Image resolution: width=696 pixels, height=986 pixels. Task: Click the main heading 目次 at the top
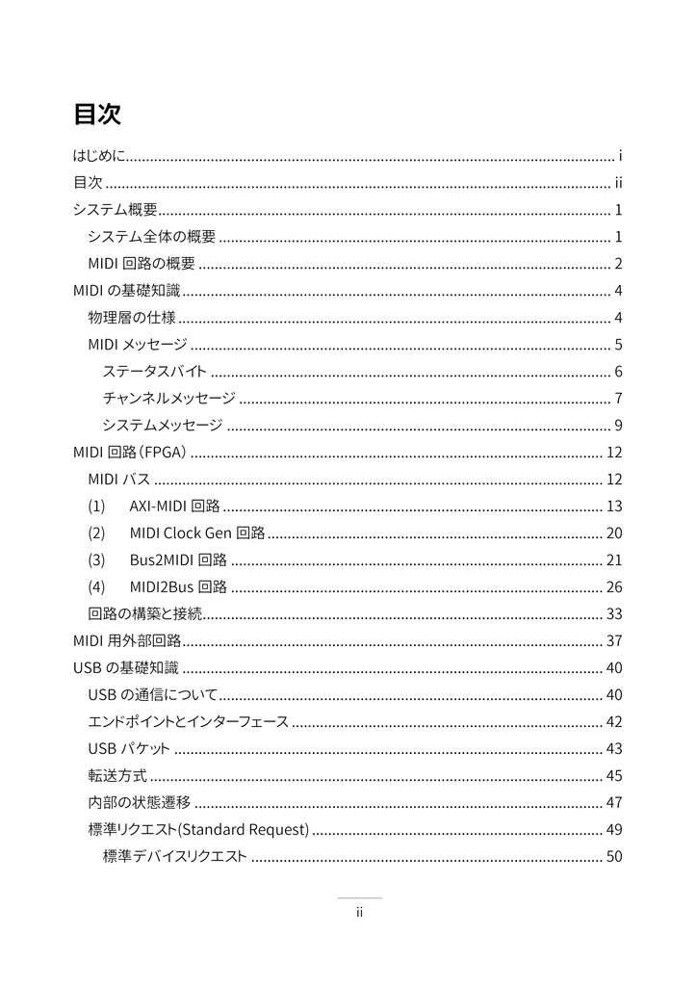pos(96,114)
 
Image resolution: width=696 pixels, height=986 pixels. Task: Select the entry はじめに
pos(100,156)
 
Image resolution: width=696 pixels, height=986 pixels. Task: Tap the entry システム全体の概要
pos(151,237)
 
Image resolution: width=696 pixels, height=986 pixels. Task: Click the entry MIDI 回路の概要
pos(142,264)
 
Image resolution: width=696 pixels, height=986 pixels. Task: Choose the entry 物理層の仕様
pos(131,318)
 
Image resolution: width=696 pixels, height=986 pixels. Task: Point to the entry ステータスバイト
pos(154,372)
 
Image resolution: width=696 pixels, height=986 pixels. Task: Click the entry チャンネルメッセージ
pos(168,399)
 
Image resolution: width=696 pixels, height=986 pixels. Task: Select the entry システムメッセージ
pos(163,426)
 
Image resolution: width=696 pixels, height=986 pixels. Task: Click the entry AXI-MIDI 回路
pos(174,506)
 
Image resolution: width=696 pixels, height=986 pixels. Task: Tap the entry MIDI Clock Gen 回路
pos(197,533)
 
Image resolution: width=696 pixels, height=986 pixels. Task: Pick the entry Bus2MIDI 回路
pos(178,560)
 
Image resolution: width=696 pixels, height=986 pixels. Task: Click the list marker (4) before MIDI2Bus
pos(97,587)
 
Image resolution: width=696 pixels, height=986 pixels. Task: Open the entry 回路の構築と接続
pos(145,614)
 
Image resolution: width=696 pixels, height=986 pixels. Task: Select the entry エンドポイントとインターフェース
pos(188,722)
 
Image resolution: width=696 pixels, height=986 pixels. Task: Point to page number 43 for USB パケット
pos(614,749)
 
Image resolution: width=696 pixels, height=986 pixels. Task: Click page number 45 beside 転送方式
pos(614,776)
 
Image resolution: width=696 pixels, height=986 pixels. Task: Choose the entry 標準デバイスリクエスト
pos(174,857)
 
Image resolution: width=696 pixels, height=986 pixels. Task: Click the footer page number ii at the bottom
pos(358,913)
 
